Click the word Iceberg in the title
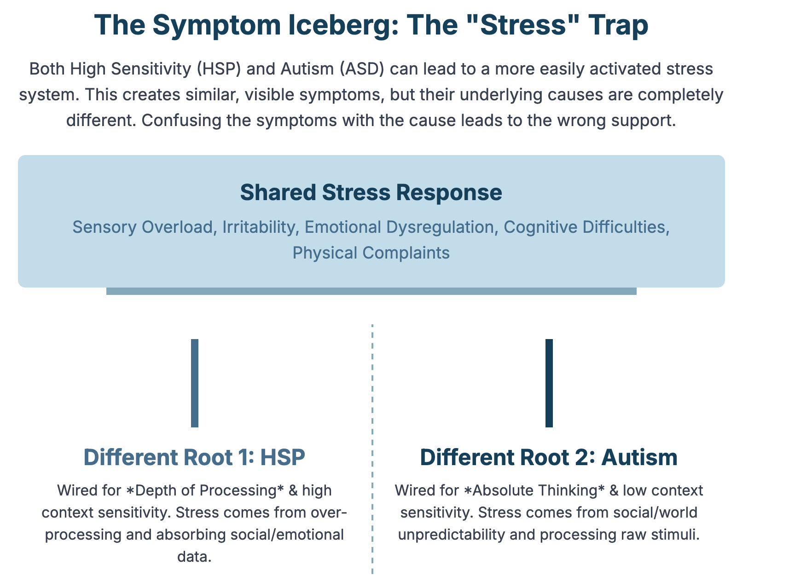coord(343,26)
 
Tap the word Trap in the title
coord(618,25)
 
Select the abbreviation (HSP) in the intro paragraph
coord(219,69)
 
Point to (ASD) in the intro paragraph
coord(362,69)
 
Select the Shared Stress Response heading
coord(371,192)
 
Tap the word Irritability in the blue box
coord(261,227)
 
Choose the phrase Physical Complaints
coord(371,253)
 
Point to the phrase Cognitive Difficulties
coord(586,227)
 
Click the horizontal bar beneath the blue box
coord(371,291)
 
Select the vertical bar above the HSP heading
coord(195,383)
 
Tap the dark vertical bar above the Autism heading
coord(549,383)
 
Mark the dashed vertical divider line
coord(372,449)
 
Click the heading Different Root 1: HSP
coord(194,457)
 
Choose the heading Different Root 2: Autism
coord(549,457)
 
